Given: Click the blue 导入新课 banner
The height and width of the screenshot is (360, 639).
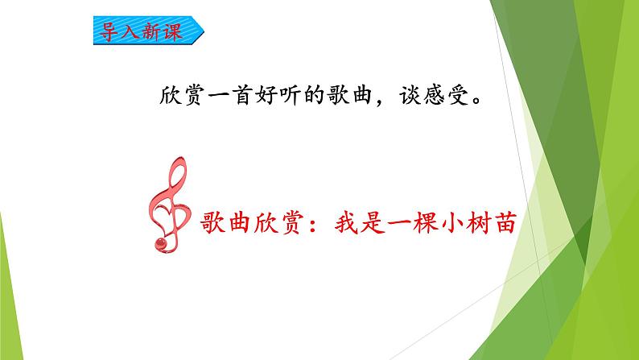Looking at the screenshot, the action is click(148, 30).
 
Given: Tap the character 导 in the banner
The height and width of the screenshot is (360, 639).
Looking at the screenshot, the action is click(109, 31).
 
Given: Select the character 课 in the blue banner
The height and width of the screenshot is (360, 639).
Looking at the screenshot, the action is click(171, 31).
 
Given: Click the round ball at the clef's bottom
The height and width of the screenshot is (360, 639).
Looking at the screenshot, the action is click(162, 243).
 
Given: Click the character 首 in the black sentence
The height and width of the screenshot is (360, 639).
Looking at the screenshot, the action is click(243, 95).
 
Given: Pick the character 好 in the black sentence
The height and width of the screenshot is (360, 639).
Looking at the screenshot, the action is click(266, 95).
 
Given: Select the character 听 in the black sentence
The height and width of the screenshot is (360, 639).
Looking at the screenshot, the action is click(291, 95).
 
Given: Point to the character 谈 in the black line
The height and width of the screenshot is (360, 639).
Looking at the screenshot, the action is click(410, 96).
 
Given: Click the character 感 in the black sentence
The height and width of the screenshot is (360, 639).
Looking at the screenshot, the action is click(434, 96).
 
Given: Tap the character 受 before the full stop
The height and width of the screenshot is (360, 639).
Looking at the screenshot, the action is click(458, 96).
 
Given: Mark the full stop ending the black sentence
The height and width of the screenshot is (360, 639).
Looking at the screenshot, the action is click(476, 101).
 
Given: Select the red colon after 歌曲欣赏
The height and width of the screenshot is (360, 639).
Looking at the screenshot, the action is click(313, 224).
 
